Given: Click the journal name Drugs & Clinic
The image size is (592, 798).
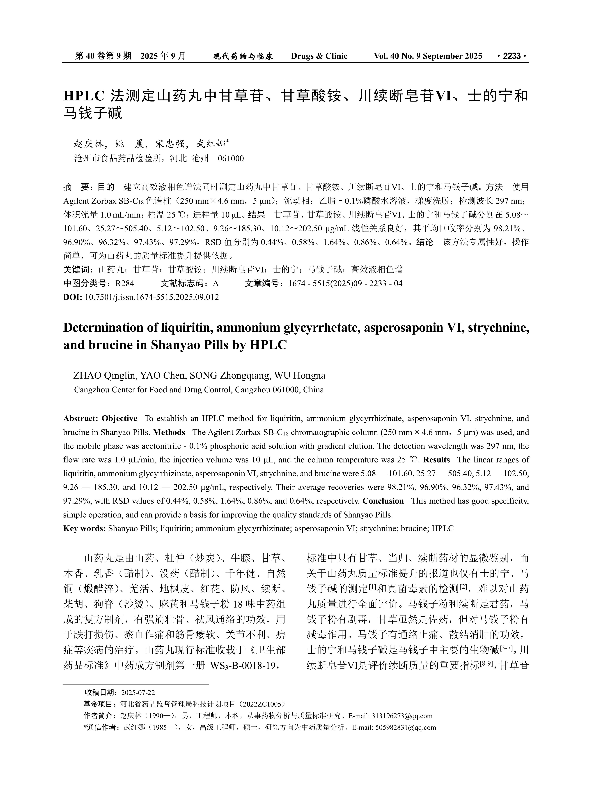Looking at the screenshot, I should pyautogui.click(x=319, y=56).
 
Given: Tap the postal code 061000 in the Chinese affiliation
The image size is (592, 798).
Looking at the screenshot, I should pyautogui.click(x=231, y=158).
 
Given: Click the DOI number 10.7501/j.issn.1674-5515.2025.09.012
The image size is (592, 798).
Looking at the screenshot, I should pyautogui.click(x=152, y=297).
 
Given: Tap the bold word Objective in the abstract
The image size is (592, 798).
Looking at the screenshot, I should pyautogui.click(x=119, y=418).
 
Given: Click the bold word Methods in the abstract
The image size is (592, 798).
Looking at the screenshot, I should pyautogui.click(x=169, y=432).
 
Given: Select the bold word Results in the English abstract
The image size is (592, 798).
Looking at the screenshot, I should pyautogui.click(x=436, y=460).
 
